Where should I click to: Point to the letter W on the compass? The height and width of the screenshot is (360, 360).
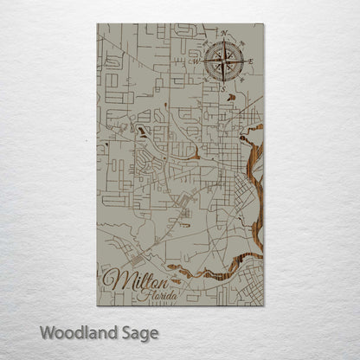(x=196, y=61)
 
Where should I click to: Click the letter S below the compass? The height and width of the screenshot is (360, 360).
(x=222, y=88)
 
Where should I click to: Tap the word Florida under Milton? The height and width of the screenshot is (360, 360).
(x=158, y=296)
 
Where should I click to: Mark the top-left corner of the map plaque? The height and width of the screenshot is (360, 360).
(x=98, y=24)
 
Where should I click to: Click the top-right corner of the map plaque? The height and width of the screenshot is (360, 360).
(x=264, y=24)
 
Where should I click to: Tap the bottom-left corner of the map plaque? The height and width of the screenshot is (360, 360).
(x=98, y=305)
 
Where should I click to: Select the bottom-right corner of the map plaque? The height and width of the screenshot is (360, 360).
(x=264, y=305)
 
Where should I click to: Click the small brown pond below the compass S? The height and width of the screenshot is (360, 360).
(x=230, y=98)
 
